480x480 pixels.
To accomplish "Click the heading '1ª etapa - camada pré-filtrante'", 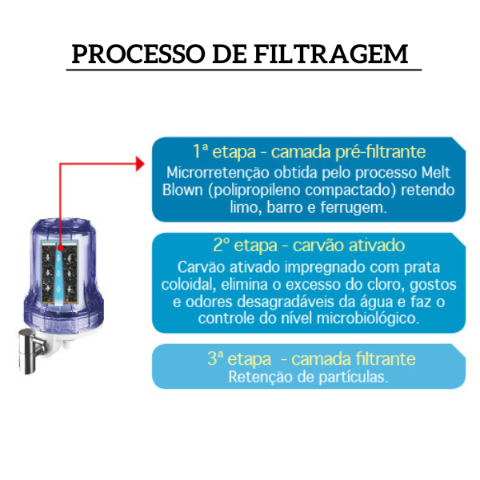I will point(309,152).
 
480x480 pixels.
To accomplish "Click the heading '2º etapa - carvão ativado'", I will point(309,246).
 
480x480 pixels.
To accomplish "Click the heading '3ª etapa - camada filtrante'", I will point(309,359).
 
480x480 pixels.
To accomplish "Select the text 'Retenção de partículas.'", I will point(309,377).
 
